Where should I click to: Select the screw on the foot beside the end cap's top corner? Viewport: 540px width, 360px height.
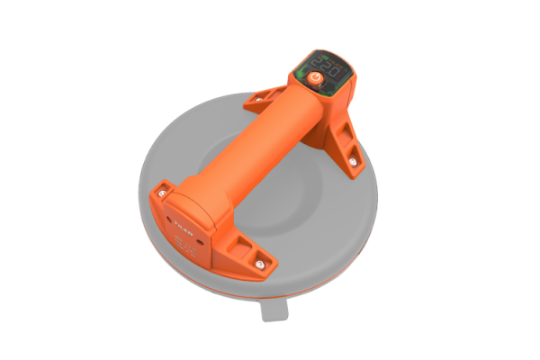pos(161,190)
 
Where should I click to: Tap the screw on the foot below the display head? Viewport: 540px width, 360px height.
pos(352,162)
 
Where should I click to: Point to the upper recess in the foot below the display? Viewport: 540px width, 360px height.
pos(342,134)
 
